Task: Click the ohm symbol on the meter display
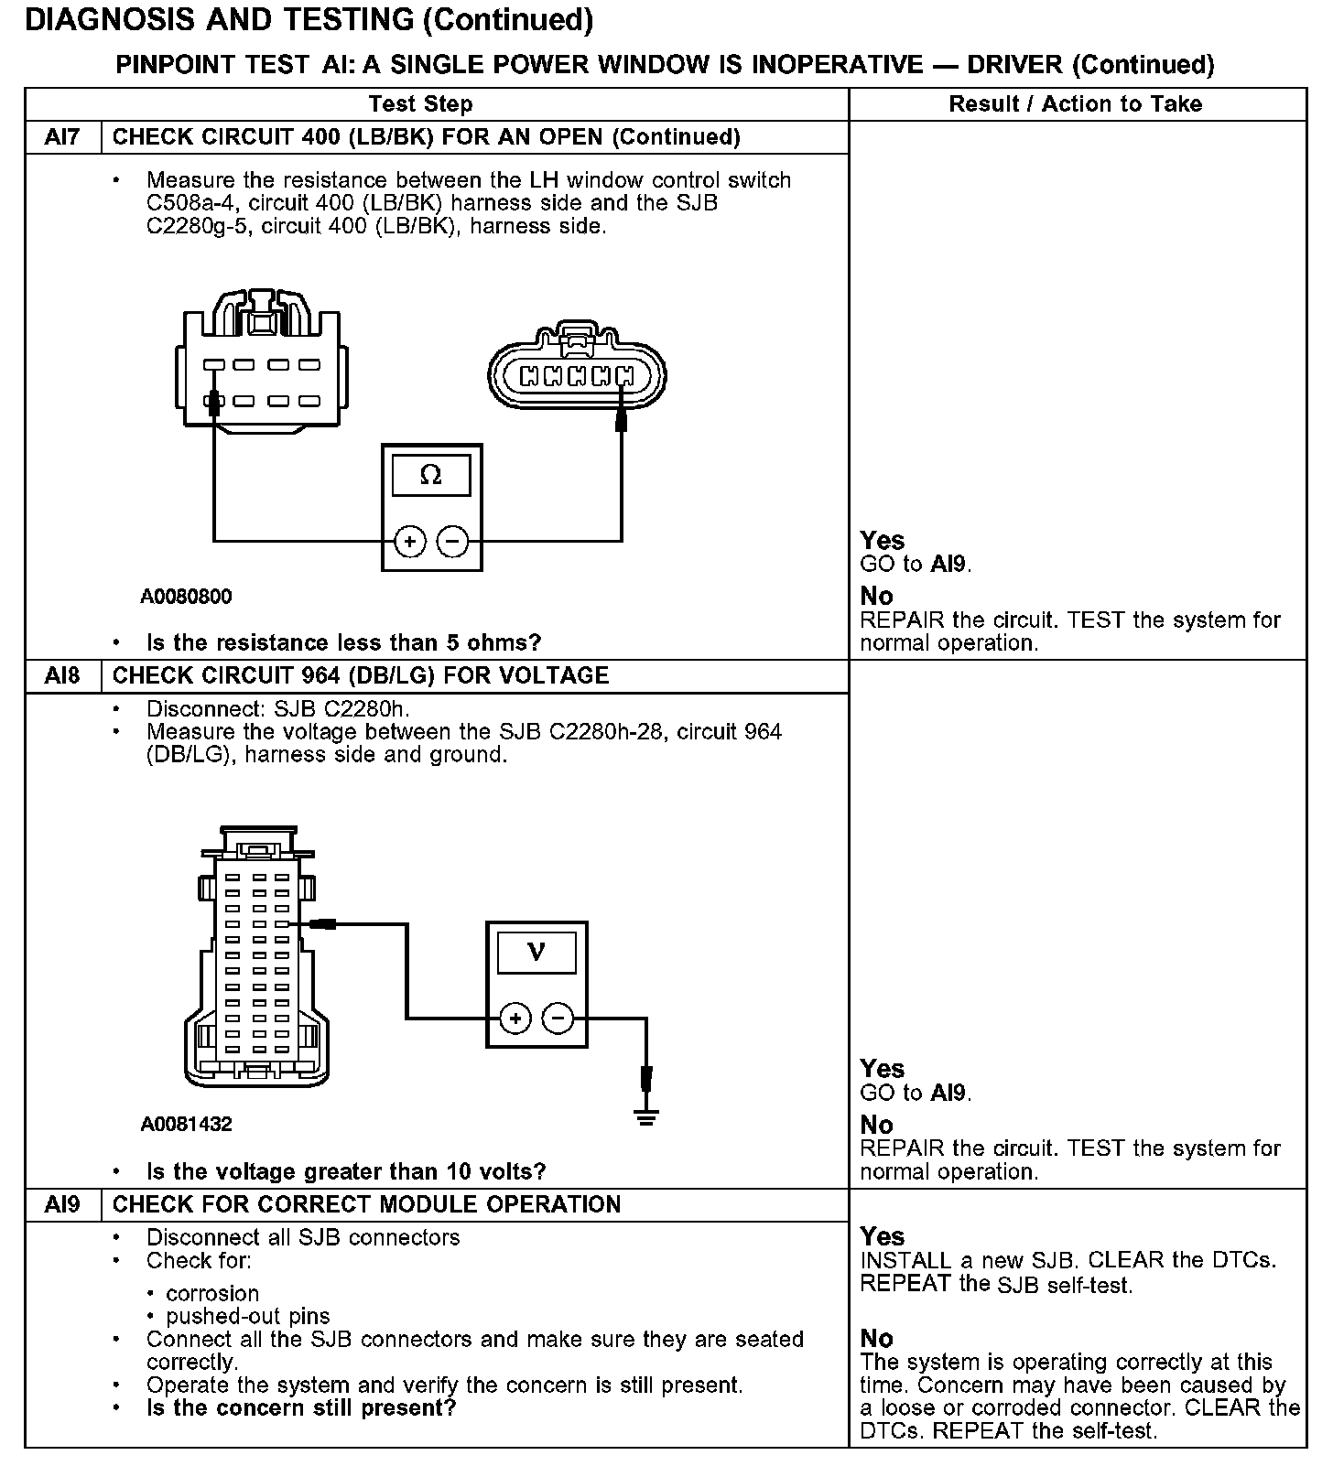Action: click(x=430, y=475)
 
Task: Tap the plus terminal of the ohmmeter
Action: click(x=410, y=542)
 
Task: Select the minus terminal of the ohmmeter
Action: click(x=452, y=542)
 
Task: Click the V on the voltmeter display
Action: click(x=536, y=953)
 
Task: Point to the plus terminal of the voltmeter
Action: click(x=515, y=1019)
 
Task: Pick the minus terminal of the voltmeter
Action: click(x=558, y=1019)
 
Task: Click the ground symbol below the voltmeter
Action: click(x=646, y=1116)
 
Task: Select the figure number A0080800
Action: click(x=186, y=597)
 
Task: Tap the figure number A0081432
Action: click(x=186, y=1125)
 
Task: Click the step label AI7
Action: click(x=62, y=137)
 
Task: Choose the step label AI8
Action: click(x=62, y=675)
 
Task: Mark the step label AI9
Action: click(x=62, y=1204)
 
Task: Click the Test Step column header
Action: click(x=421, y=104)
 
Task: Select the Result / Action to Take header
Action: click(x=1076, y=104)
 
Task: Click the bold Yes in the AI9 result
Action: click(x=882, y=1236)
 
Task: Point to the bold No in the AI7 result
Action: click(x=876, y=597)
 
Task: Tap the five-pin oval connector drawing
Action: click(x=577, y=374)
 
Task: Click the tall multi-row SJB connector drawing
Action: click(x=257, y=961)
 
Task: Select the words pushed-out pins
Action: click(x=247, y=1316)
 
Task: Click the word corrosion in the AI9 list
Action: click(x=212, y=1293)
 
